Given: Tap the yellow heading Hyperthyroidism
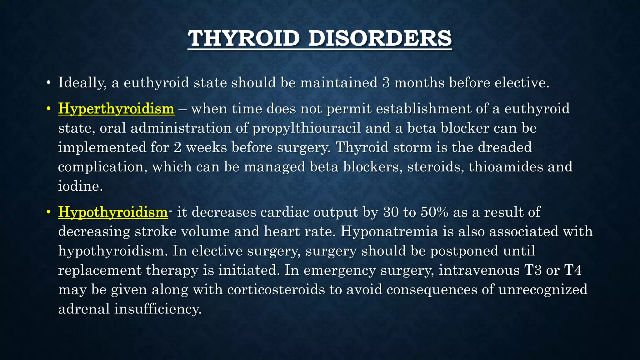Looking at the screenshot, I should [116, 109].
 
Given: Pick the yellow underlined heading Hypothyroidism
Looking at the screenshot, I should [113, 212].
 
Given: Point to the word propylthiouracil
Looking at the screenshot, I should [307, 128].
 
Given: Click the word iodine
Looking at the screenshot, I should [80, 186].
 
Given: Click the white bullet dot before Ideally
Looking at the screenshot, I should [48, 83].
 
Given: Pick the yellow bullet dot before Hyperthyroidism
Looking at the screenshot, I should [48, 109].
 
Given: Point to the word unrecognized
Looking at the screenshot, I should [543, 290].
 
